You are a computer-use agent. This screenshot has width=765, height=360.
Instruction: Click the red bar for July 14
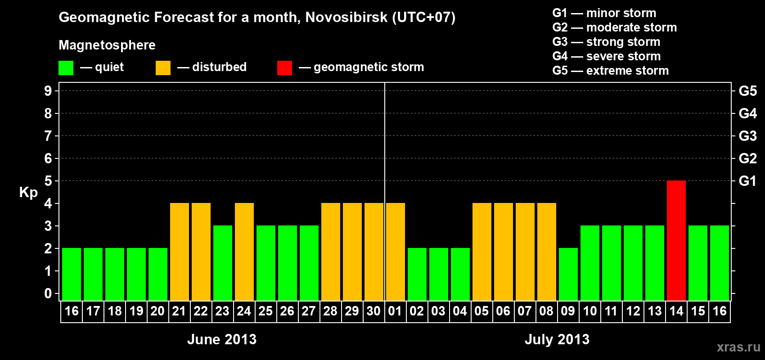click(x=676, y=240)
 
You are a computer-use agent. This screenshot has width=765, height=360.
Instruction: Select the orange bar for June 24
click(x=244, y=252)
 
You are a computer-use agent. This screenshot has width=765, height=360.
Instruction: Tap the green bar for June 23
click(x=223, y=263)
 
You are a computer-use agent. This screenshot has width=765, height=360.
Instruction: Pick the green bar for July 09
click(x=568, y=274)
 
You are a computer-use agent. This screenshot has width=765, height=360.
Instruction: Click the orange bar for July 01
click(x=396, y=252)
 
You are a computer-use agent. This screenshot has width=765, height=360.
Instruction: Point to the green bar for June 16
click(x=72, y=274)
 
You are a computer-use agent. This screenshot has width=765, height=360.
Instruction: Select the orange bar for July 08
click(x=547, y=252)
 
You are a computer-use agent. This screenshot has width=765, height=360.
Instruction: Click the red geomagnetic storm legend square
click(x=284, y=68)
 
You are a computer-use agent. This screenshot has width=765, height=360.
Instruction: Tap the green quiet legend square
click(x=66, y=68)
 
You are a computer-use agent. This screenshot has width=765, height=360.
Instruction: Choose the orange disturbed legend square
click(x=163, y=68)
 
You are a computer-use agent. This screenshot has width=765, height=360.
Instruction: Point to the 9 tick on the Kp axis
click(x=48, y=91)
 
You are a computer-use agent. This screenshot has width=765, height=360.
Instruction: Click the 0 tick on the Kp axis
click(x=48, y=294)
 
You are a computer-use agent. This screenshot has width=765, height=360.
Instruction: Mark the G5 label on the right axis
click(x=747, y=91)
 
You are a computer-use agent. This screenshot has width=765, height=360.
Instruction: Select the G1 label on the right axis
click(x=747, y=181)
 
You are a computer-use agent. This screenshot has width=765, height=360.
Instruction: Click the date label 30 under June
click(x=373, y=311)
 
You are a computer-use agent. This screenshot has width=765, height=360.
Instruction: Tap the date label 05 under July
click(x=481, y=311)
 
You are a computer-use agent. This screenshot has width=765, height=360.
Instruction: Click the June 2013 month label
click(x=222, y=339)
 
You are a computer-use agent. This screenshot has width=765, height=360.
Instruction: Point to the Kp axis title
click(x=28, y=192)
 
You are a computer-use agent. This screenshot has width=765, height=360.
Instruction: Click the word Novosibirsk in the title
click(x=346, y=17)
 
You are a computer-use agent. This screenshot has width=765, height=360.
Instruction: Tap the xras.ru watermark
click(x=738, y=347)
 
